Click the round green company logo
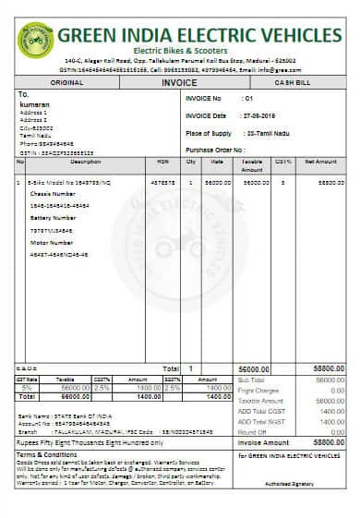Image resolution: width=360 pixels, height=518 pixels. click(35, 40)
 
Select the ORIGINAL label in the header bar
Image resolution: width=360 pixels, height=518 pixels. click(66, 82)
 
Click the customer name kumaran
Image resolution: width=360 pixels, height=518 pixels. click(33, 103)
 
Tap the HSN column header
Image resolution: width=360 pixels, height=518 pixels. click(162, 162)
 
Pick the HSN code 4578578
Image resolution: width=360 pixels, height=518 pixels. click(162, 183)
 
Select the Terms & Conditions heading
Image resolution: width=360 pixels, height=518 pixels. click(45, 455)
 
